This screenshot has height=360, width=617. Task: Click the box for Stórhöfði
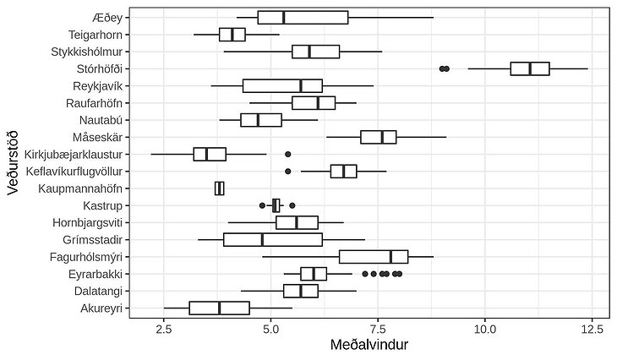530,68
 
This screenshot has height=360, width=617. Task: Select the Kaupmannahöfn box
220,188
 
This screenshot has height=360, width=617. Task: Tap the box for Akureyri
219,308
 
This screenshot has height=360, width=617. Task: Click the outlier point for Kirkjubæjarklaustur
288,154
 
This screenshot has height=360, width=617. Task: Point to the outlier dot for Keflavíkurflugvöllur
288,171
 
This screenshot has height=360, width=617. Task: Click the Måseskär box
378,137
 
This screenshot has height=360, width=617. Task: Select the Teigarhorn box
232,35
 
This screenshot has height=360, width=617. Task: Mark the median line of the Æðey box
284,17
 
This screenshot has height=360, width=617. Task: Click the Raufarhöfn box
314,102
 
